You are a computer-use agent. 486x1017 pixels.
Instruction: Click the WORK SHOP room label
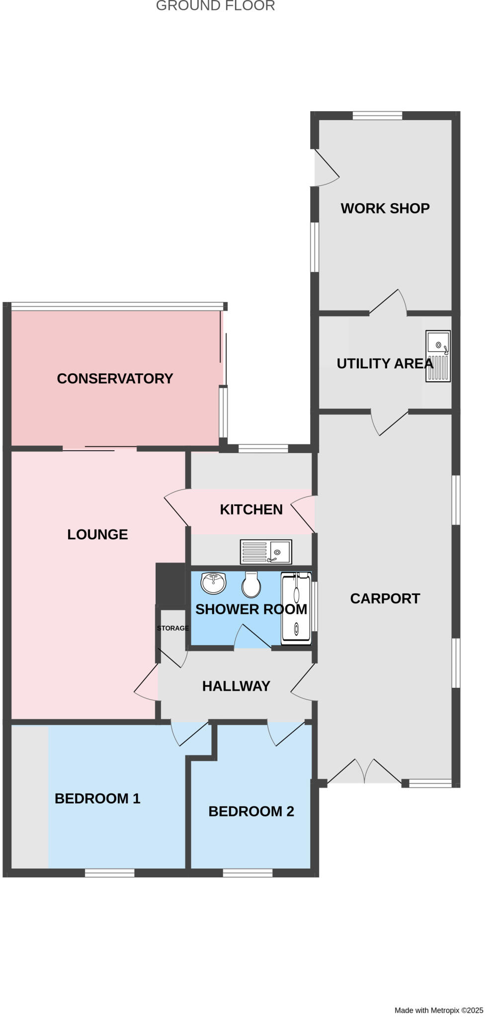[385, 208]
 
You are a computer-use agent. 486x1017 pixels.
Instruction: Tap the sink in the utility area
[438, 356]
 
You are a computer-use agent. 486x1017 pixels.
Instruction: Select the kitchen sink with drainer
[266, 552]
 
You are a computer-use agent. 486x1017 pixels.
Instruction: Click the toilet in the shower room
[251, 584]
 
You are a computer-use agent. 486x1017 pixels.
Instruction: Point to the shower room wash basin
[214, 582]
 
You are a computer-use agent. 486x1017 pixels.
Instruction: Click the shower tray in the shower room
[296, 608]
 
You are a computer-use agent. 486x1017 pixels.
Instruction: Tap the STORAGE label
[172, 628]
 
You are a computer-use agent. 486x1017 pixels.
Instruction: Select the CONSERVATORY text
[115, 378]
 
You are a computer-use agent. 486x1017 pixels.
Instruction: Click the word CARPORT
[385, 598]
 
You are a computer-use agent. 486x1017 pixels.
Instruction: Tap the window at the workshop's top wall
[377, 116]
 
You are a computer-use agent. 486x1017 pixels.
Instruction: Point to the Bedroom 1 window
[109, 872]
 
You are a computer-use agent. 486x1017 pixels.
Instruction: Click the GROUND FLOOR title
[215, 6]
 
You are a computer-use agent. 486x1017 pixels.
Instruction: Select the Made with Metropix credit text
[438, 1010]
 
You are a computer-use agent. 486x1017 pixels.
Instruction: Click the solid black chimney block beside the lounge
[170, 585]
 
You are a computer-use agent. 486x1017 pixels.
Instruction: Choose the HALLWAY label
[236, 686]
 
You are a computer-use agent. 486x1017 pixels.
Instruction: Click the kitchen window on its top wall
[263, 448]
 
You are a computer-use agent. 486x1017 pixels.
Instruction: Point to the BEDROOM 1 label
[97, 799]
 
